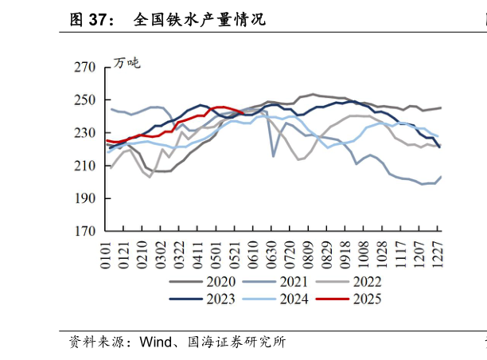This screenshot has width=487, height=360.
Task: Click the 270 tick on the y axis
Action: tap(84, 68)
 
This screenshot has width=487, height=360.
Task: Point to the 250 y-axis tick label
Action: tap(84, 100)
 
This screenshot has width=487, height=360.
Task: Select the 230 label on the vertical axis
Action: tap(84, 133)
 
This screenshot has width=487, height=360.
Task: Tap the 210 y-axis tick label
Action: tap(84, 166)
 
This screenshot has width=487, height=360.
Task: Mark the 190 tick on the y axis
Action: tap(84, 198)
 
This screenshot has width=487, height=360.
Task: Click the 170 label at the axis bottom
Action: tap(84, 231)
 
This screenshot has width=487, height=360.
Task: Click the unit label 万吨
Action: tap(127, 63)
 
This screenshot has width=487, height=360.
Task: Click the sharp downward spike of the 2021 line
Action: tap(274, 156)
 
